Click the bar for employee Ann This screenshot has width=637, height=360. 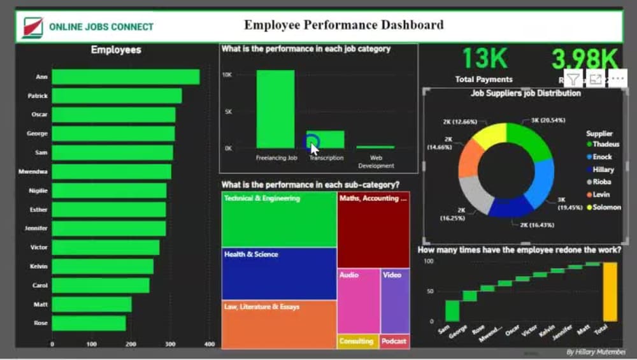[125, 77]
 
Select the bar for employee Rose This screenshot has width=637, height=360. [89, 323]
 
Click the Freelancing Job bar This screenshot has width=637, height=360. [275, 109]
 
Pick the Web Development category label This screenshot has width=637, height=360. [376, 162]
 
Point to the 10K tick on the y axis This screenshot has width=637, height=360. [227, 75]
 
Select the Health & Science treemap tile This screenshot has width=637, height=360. [279, 273]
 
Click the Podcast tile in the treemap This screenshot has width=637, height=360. [394, 342]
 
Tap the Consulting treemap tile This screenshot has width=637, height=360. [357, 342]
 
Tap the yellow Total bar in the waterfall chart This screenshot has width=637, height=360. [610, 292]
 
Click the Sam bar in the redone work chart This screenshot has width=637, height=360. [452, 310]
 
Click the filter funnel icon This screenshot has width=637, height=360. [573, 79]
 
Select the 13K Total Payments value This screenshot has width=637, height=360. [484, 59]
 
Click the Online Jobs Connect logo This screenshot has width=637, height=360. [32, 27]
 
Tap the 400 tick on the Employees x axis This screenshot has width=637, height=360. [210, 345]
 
